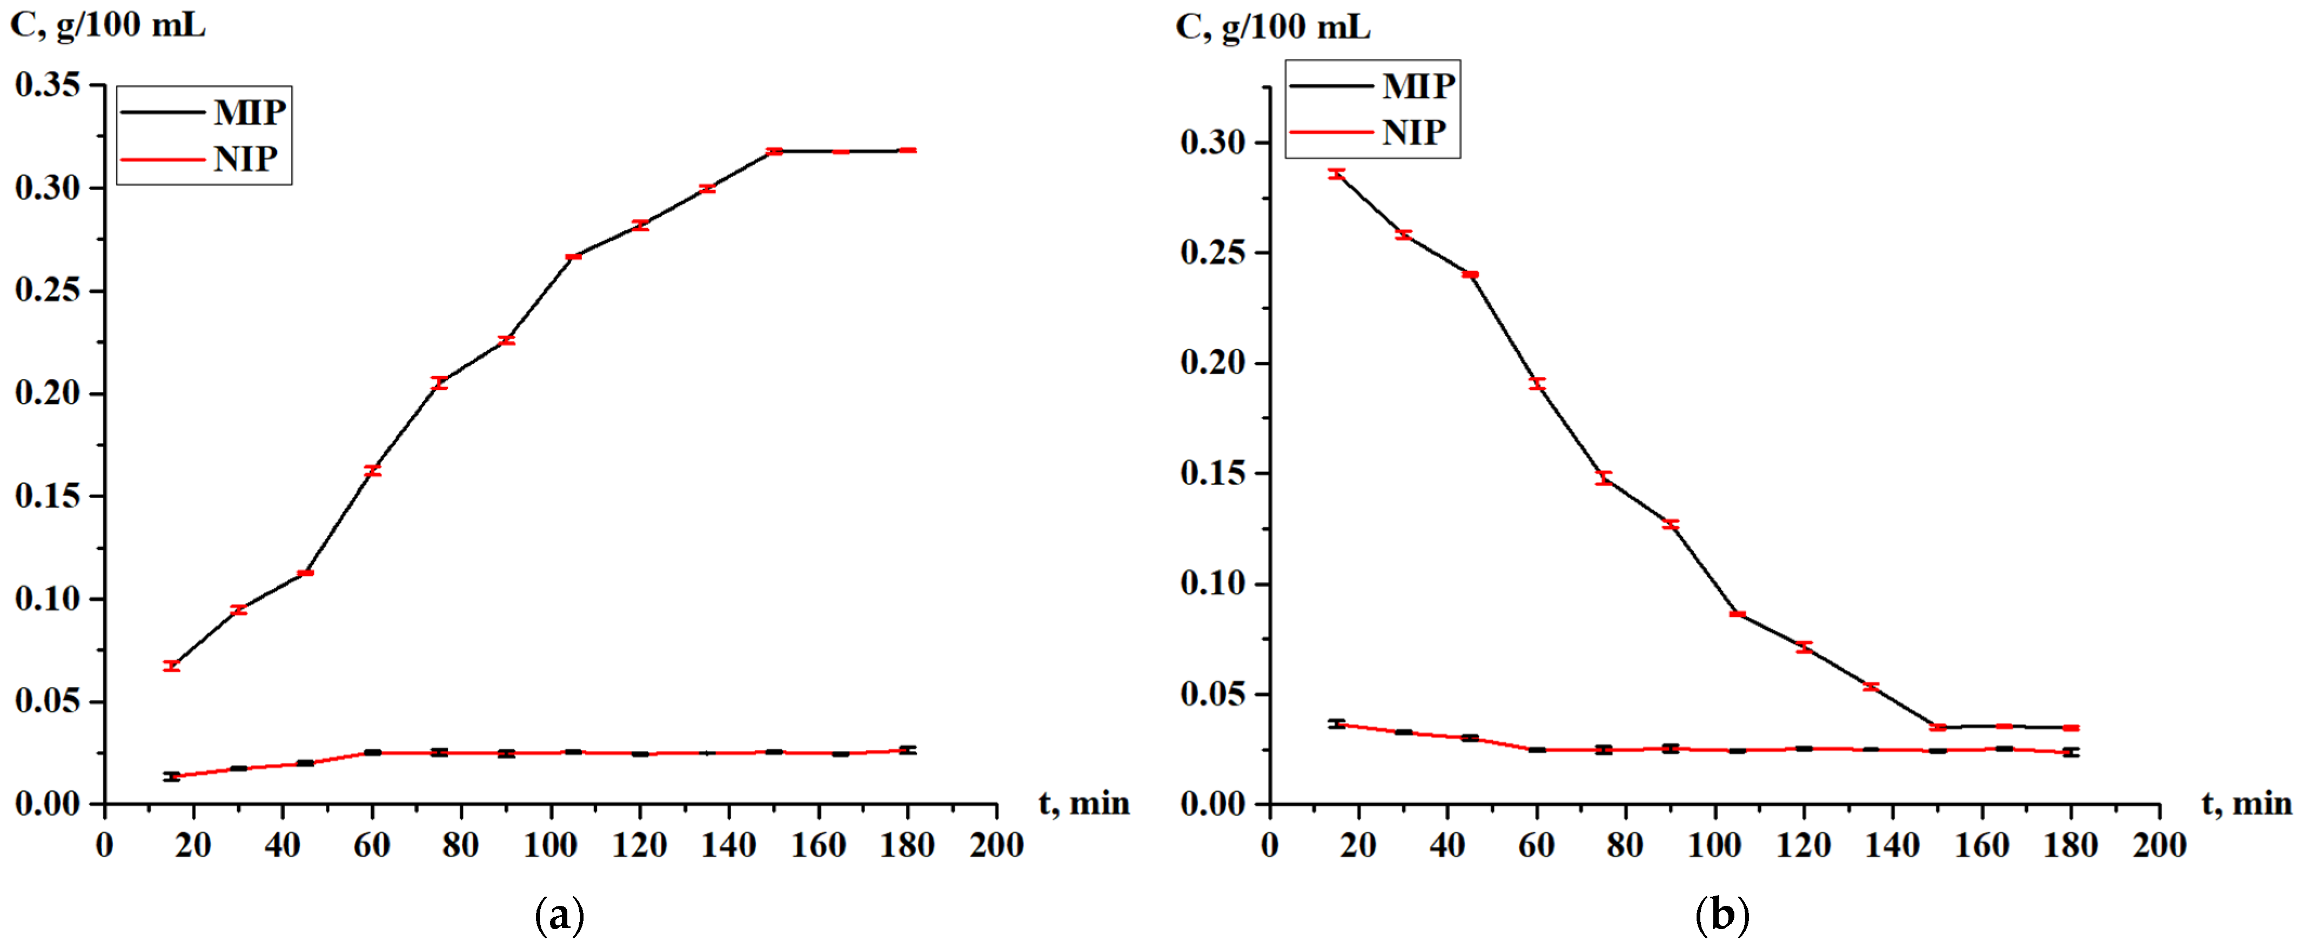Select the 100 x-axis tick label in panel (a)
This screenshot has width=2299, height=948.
(550, 844)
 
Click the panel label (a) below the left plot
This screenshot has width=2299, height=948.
(560, 916)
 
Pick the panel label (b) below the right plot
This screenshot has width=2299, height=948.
(1721, 916)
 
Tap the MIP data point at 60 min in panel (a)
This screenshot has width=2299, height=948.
(372, 470)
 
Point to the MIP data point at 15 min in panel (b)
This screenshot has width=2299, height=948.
(1336, 174)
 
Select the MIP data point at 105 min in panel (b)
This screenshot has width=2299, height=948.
(1737, 614)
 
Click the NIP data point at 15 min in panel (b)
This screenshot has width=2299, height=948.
(1336, 724)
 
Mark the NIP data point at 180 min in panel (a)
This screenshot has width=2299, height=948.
(908, 750)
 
